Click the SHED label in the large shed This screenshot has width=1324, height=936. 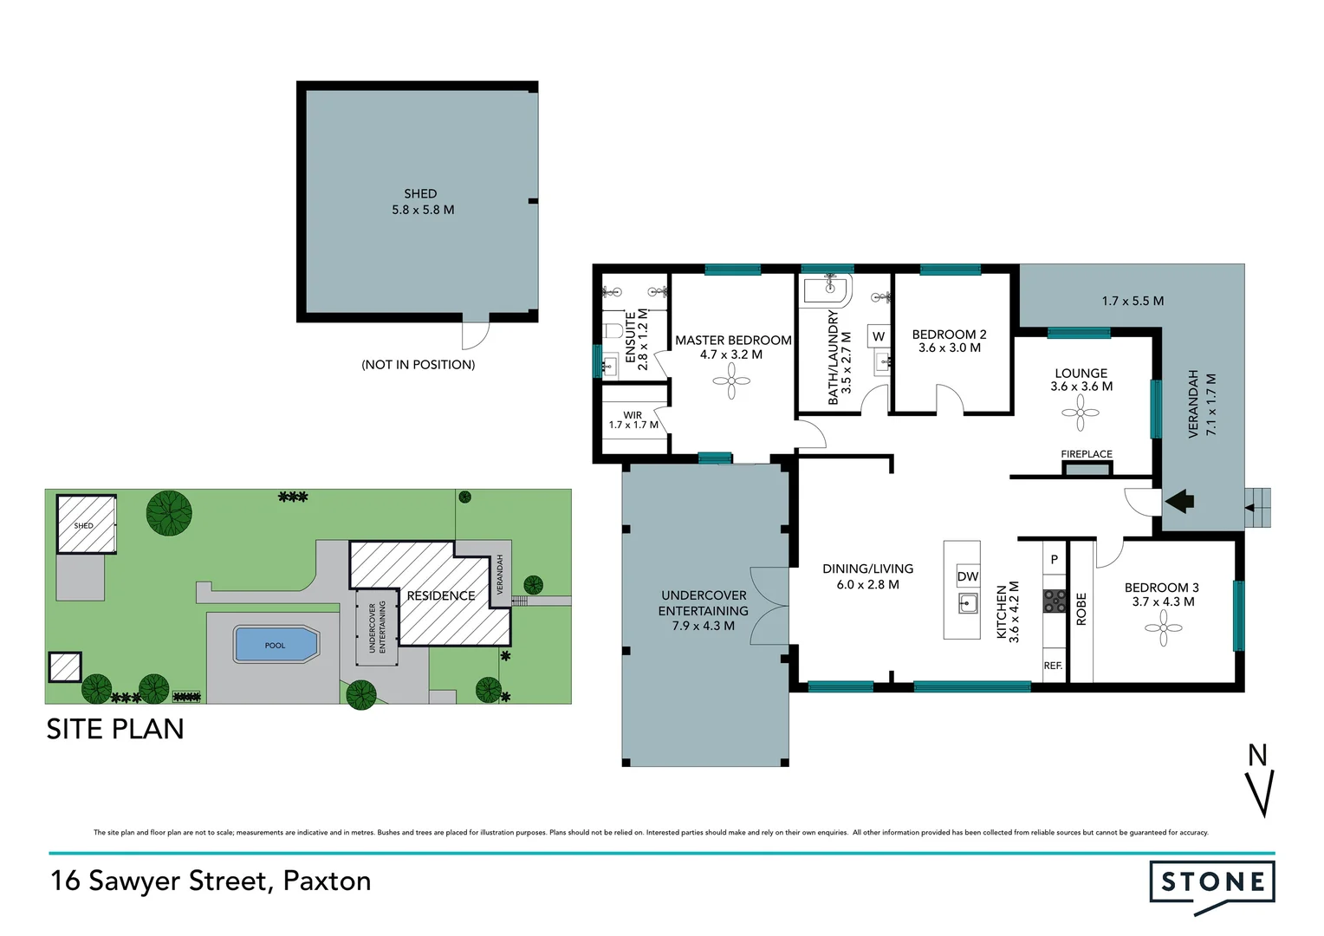[420, 193]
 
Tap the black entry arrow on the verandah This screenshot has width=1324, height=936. [1180, 500]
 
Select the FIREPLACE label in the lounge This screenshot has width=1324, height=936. [1086, 454]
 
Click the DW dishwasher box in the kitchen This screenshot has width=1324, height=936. [968, 576]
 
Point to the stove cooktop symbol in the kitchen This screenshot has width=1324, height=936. [1054, 601]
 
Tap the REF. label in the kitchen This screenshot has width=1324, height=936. [1053, 666]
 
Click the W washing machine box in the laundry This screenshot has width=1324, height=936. [879, 336]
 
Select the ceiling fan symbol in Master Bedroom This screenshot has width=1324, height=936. [731, 380]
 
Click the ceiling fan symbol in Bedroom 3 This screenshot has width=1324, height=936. [1163, 628]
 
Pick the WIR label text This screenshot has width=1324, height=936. [633, 415]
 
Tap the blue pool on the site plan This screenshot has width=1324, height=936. [276, 645]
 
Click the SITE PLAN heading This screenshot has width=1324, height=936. [115, 729]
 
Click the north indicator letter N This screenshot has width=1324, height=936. [1257, 756]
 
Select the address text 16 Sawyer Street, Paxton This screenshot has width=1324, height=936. [211, 881]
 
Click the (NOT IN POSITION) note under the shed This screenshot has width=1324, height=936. [418, 365]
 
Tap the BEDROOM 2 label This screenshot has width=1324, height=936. [949, 335]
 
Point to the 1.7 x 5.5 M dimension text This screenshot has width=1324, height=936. [1133, 301]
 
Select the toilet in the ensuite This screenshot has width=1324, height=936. [613, 330]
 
